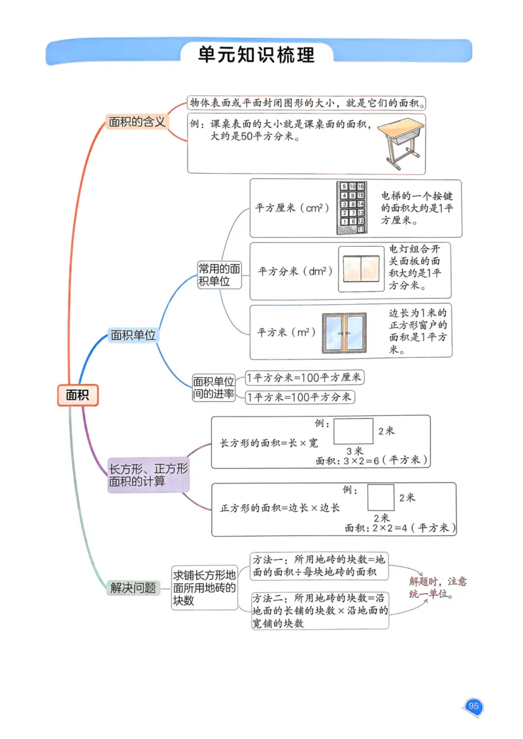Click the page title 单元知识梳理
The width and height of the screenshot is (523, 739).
coord(256,54)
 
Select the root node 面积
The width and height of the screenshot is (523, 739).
coord(77,395)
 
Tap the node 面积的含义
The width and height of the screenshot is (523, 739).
coord(137,122)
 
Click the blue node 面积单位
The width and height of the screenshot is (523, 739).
coord(133,336)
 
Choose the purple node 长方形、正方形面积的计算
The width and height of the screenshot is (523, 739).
coord(148,475)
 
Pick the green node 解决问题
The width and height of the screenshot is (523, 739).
coord(133,588)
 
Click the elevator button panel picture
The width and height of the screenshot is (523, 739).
coord(352,208)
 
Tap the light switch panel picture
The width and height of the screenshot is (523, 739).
coord(361,270)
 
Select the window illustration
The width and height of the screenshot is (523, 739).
coord(344,332)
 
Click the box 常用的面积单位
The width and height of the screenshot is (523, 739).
coord(219,275)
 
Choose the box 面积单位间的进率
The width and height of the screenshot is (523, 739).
coord(213,388)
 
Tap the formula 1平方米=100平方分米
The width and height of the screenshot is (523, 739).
coord(299,397)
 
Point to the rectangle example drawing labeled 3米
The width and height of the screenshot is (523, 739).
coord(354,432)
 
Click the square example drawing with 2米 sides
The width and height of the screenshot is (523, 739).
coord(380,497)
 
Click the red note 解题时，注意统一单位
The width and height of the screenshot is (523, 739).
coord(437,588)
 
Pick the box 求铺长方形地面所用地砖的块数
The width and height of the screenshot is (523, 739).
coord(204,588)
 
